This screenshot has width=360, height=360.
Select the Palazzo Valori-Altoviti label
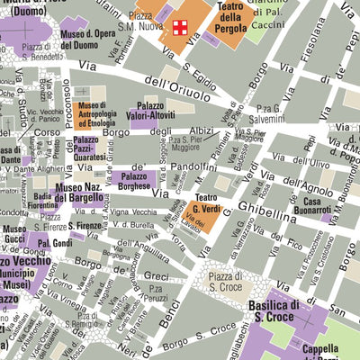point(162,111)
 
